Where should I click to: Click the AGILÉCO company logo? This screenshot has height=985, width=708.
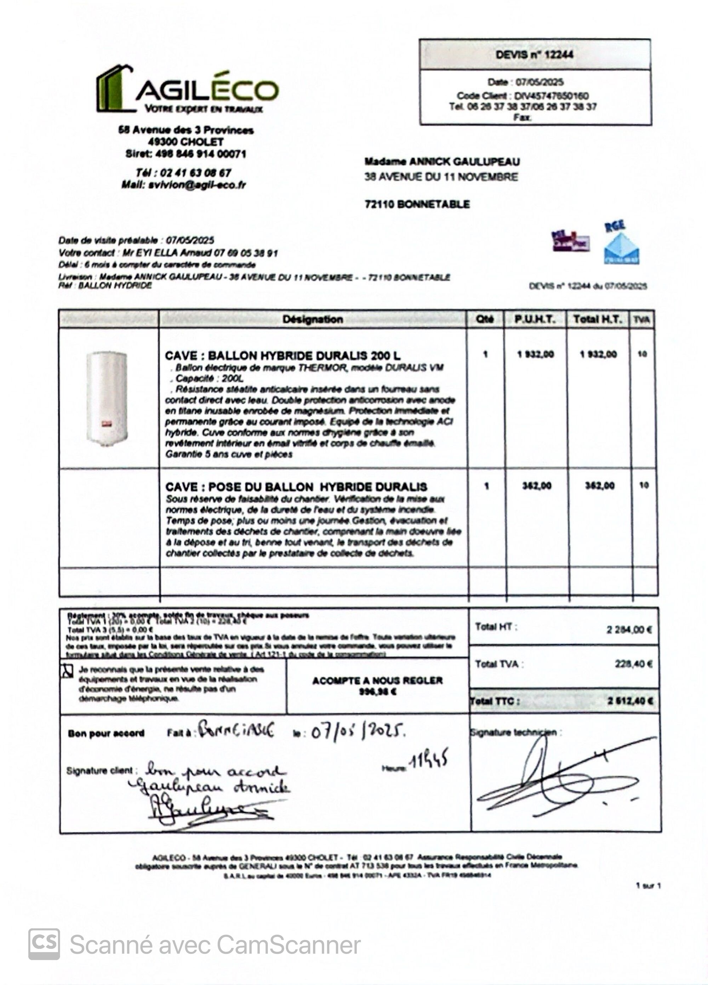pyautogui.click(x=187, y=90)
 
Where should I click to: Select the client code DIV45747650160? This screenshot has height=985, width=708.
pyautogui.click(x=551, y=96)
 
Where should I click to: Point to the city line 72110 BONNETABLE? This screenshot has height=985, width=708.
pyautogui.click(x=417, y=204)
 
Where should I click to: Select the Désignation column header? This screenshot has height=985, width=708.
pyautogui.click(x=312, y=320)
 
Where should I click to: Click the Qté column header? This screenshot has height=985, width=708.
pyautogui.click(x=485, y=320)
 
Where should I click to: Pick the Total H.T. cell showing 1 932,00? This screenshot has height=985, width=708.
pyautogui.click(x=598, y=354)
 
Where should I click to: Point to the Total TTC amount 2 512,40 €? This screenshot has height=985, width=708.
pyautogui.click(x=630, y=701)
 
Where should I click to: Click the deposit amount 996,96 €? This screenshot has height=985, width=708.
pyautogui.click(x=377, y=692)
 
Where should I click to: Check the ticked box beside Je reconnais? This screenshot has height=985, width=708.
pyautogui.click(x=67, y=671)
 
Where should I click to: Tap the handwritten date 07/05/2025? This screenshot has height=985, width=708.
pyautogui.click(x=358, y=732)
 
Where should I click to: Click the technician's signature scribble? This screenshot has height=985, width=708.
pyautogui.click(x=560, y=778)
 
